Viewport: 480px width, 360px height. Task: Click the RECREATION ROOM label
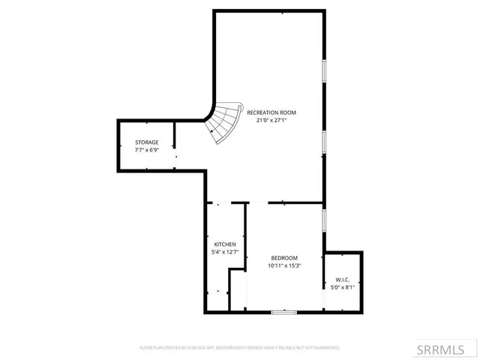pyautogui.click(x=268, y=112)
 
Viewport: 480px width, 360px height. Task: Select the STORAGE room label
pyautogui.click(x=146, y=142)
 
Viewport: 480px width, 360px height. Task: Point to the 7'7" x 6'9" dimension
pyautogui.click(x=146, y=149)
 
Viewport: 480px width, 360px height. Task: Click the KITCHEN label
pyautogui.click(x=225, y=244)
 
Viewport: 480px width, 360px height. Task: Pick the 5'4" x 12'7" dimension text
pyautogui.click(x=225, y=252)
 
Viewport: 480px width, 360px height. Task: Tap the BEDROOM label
pyautogui.click(x=284, y=258)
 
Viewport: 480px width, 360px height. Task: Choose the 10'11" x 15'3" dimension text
pyautogui.click(x=284, y=265)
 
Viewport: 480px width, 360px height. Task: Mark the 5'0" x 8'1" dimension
pyautogui.click(x=341, y=286)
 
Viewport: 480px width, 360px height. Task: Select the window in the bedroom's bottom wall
pyautogui.click(x=283, y=312)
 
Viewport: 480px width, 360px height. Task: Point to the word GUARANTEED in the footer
pyautogui.click(x=326, y=348)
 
